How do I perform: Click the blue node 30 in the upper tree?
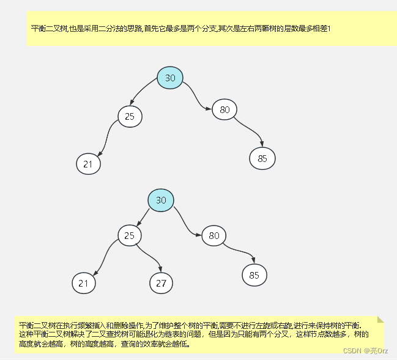click(x=170, y=78)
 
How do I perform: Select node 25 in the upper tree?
click(x=130, y=116)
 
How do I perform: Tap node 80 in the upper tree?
click(x=224, y=110)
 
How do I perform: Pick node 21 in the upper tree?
click(x=88, y=164)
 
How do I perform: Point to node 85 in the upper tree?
click(x=262, y=159)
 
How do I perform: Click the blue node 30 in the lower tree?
click(x=161, y=200)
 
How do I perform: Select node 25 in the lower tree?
click(x=130, y=235)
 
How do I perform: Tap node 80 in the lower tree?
click(x=213, y=235)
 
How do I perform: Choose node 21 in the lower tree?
click(x=84, y=283)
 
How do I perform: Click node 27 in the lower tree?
click(x=161, y=283)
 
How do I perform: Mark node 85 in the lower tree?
click(x=254, y=275)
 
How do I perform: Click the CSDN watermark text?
click(x=365, y=350)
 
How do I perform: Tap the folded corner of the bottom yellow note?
click(x=380, y=320)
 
